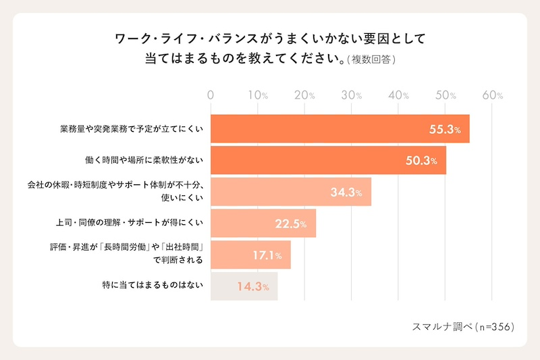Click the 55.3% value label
point(445,129)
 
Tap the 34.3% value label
point(346,192)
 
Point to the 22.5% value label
point(291,224)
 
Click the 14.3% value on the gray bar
point(253,286)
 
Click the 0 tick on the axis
point(211,95)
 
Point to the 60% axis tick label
point(492,95)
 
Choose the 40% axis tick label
point(398,95)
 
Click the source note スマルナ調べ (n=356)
point(464,326)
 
